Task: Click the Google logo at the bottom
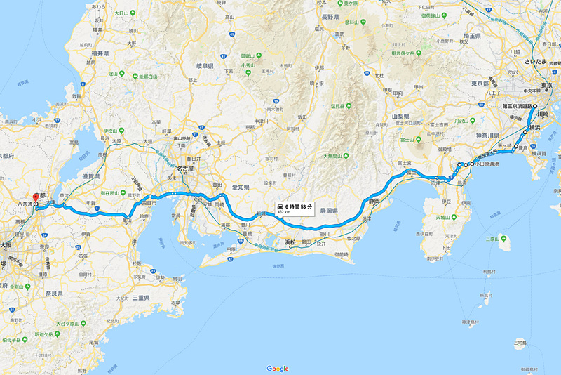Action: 278,369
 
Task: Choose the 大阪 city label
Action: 7,245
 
